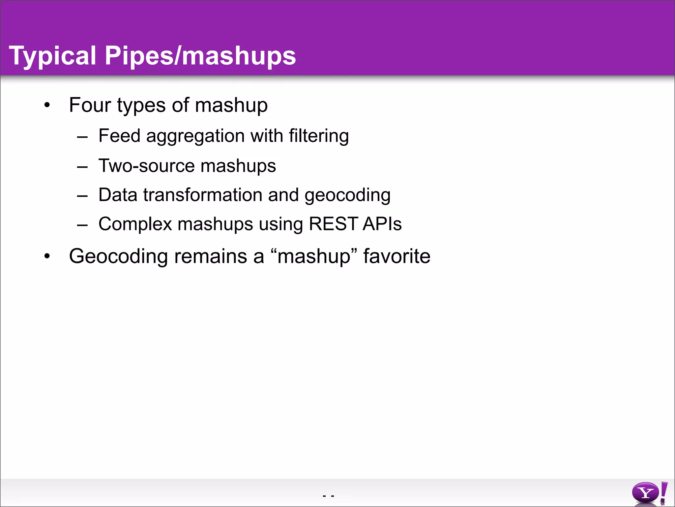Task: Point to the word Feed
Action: point(119,136)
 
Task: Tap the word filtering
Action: point(319,136)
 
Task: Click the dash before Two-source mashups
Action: point(82,167)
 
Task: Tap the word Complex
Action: point(135,224)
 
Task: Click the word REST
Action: point(333,224)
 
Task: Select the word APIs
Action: point(382,224)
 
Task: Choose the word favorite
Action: point(396,256)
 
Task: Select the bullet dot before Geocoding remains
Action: point(47,256)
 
